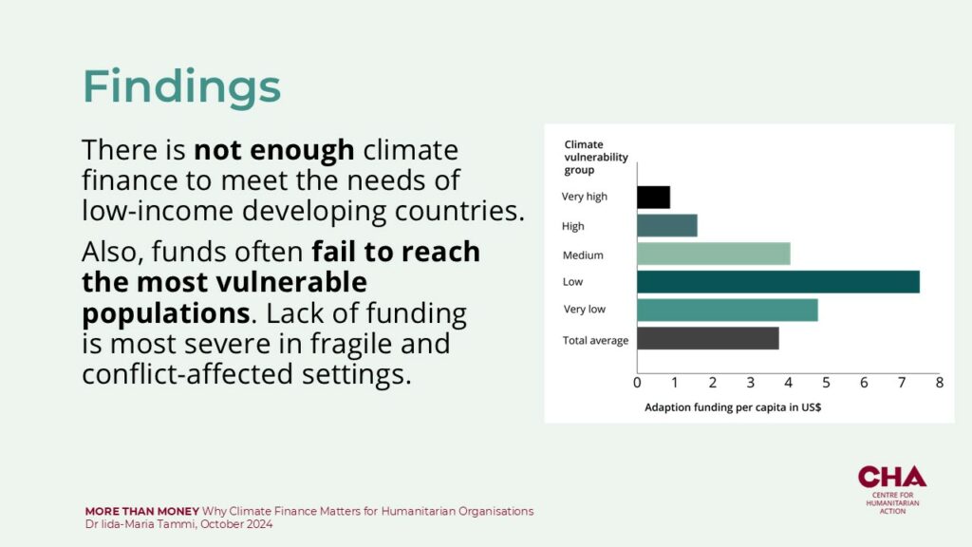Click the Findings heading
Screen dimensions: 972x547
click(x=181, y=86)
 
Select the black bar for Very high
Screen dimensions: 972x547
click(x=653, y=198)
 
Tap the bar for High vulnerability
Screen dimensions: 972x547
click(x=667, y=226)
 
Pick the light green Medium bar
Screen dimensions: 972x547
click(x=714, y=254)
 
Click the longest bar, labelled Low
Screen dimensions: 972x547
click(x=778, y=281)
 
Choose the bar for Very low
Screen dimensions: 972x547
click(x=727, y=311)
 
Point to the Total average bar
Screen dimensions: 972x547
click(x=708, y=339)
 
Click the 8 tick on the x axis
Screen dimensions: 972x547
click(x=940, y=383)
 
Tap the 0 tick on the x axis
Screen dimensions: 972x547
click(x=637, y=383)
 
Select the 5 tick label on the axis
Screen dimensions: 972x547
click(x=827, y=383)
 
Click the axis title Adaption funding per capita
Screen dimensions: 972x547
click(x=733, y=407)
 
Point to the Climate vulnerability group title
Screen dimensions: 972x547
click(x=596, y=157)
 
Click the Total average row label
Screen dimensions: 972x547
click(x=595, y=341)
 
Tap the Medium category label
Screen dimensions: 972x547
click(x=583, y=255)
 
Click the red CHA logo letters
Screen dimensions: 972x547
click(x=892, y=477)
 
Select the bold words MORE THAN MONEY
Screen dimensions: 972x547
click(x=142, y=512)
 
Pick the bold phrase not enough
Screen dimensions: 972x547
click(x=274, y=150)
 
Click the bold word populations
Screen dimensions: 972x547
click(x=165, y=313)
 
